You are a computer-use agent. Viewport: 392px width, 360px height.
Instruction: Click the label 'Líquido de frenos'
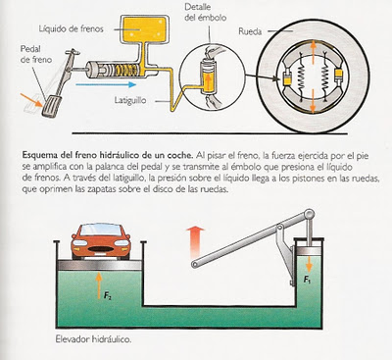tap(71, 28)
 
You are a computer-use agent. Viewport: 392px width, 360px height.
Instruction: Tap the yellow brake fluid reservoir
tap(145, 28)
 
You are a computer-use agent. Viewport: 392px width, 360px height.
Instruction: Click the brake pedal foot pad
tap(51, 106)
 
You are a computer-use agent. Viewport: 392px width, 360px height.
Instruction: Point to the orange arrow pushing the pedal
tap(31, 100)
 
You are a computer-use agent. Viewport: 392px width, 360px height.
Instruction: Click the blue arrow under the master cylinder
tap(106, 84)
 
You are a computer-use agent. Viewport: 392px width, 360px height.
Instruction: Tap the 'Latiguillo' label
tap(130, 100)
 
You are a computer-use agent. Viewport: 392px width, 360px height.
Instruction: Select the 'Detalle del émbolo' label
tap(205, 12)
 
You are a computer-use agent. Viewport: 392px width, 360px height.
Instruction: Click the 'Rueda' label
tap(250, 31)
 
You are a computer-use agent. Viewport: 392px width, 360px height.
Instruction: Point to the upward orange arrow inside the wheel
tap(314, 52)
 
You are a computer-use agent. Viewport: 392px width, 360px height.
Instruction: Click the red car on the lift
tap(101, 241)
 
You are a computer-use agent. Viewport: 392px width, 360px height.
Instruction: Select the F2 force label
tap(107, 296)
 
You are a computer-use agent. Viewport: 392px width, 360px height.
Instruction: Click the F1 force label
tap(307, 280)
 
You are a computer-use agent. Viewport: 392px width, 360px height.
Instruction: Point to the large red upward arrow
tap(195, 241)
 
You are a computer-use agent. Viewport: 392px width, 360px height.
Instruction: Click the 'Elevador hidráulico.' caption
tap(93, 339)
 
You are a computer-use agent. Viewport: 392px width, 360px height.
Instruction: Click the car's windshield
tap(101, 230)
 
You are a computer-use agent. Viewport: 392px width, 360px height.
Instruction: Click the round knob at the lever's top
tap(310, 214)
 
